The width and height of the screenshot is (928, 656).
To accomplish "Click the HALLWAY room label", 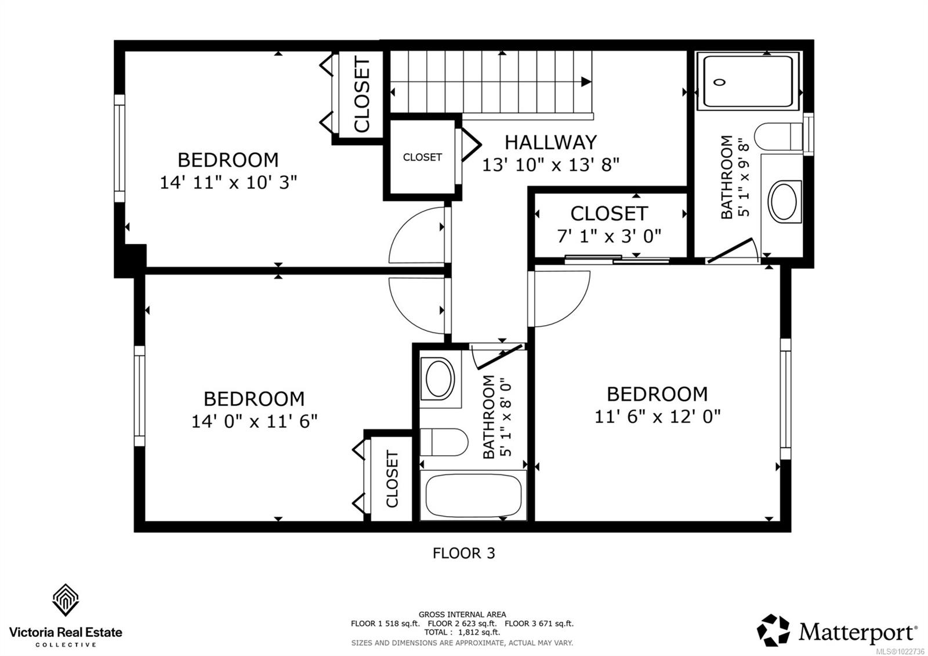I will [550, 142].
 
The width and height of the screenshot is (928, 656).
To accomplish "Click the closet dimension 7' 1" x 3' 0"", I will [609, 236].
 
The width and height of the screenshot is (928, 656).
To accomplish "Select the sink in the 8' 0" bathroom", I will [439, 379].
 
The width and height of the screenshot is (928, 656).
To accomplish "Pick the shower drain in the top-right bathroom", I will [720, 82].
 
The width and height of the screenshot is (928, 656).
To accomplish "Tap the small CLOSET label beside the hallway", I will [422, 157].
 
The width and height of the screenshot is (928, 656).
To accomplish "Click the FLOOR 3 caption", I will [464, 553].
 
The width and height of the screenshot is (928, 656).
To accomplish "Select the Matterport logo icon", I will [773, 630].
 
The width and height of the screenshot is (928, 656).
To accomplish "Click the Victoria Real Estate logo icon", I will [66, 600].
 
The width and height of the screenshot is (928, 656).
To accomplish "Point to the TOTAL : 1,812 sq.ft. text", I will [462, 632].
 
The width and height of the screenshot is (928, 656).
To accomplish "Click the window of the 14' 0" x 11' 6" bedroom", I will [139, 396].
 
